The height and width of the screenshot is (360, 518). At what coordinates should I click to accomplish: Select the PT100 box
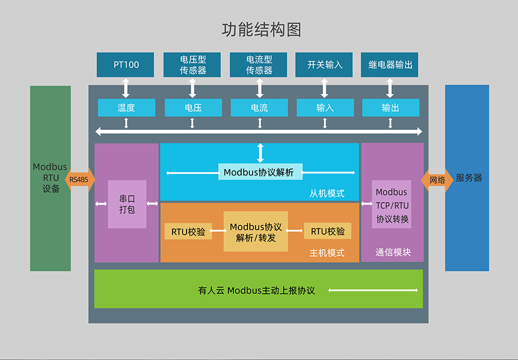click(126, 64)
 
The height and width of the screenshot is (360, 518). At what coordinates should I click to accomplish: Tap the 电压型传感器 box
click(193, 64)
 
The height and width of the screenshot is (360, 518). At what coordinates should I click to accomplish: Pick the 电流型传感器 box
click(259, 64)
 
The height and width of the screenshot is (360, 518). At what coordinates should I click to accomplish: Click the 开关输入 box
click(325, 64)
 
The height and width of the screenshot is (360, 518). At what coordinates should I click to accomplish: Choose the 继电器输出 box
click(390, 64)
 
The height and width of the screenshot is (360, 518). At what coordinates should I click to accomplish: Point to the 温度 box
click(126, 108)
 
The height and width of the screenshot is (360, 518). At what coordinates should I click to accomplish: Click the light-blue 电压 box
click(193, 108)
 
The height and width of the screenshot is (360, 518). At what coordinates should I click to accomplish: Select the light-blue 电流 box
click(259, 108)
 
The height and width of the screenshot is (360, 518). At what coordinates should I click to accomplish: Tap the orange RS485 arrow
click(79, 179)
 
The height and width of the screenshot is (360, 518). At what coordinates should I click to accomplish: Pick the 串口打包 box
click(127, 204)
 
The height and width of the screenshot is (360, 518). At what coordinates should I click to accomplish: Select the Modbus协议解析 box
click(260, 172)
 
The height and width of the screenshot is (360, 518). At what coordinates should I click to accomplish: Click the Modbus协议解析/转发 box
click(256, 232)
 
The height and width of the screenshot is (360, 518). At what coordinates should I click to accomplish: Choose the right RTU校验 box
click(327, 231)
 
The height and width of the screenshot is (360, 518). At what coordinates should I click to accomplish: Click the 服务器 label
click(469, 178)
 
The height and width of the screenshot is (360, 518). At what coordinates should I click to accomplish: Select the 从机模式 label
click(327, 193)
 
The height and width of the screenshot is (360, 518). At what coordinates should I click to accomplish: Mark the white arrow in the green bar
click(373, 290)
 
